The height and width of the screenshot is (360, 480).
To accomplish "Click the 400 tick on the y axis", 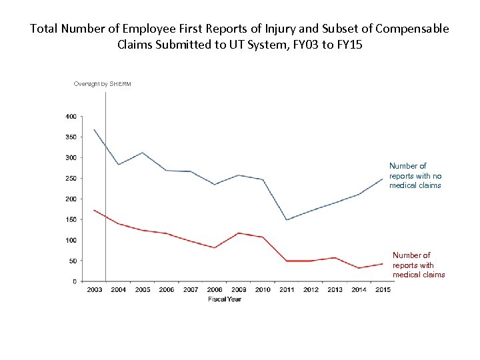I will (x=70, y=116).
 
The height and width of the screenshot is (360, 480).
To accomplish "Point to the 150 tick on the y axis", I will (x=70, y=219).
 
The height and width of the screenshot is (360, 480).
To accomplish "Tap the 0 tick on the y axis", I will (x=73, y=281).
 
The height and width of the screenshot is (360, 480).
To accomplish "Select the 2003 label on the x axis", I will (x=94, y=290).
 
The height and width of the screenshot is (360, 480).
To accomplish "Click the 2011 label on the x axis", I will (x=287, y=290).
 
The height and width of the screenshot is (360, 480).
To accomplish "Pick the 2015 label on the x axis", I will (x=383, y=290).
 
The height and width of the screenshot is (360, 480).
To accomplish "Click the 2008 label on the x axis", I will (x=215, y=290).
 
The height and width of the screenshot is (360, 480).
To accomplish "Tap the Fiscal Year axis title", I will (x=224, y=299).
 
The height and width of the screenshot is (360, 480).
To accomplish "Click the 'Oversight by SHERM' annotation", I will (x=103, y=84).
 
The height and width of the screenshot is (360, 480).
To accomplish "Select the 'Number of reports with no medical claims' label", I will (x=415, y=175).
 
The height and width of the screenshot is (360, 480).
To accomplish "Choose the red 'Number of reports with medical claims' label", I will (x=418, y=265).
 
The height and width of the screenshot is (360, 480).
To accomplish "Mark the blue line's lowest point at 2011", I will (x=287, y=220).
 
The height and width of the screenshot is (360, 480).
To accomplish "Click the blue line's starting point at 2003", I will (x=94, y=129).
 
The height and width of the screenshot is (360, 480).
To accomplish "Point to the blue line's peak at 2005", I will (x=142, y=153).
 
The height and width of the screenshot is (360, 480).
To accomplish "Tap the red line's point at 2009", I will (x=239, y=233).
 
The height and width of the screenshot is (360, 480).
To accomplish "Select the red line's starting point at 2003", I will (x=94, y=210).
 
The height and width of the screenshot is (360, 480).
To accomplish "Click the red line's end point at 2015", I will (x=383, y=264).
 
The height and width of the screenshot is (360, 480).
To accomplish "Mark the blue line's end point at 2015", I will (x=383, y=178).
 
